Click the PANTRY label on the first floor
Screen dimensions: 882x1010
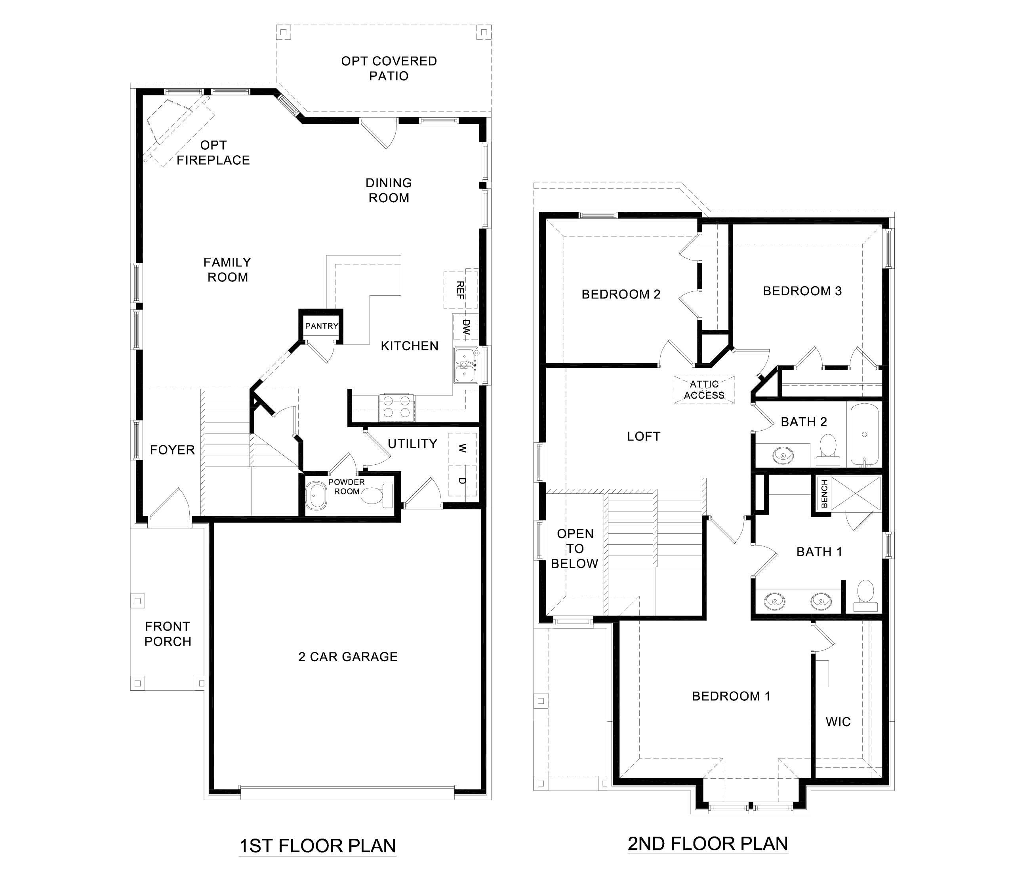(x=321, y=326)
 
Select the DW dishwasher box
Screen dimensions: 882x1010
(x=465, y=327)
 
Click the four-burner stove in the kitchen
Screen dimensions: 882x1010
(x=396, y=407)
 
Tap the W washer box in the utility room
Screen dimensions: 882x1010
(x=462, y=448)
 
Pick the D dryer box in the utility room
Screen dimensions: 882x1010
(x=462, y=480)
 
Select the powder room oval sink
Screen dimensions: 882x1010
(x=316, y=496)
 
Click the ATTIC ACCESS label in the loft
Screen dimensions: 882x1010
(x=704, y=389)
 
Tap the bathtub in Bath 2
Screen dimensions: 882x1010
(x=865, y=435)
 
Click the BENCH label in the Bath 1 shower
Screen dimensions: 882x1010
(x=824, y=494)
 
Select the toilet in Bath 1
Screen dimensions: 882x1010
(x=865, y=595)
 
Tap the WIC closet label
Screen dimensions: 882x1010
(x=838, y=722)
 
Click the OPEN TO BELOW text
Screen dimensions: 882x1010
(x=575, y=548)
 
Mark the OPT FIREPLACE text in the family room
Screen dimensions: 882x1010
(x=213, y=152)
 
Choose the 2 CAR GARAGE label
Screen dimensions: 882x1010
(x=348, y=657)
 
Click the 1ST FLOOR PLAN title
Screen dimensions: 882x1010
(x=318, y=846)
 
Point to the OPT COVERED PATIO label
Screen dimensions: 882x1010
(x=389, y=68)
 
